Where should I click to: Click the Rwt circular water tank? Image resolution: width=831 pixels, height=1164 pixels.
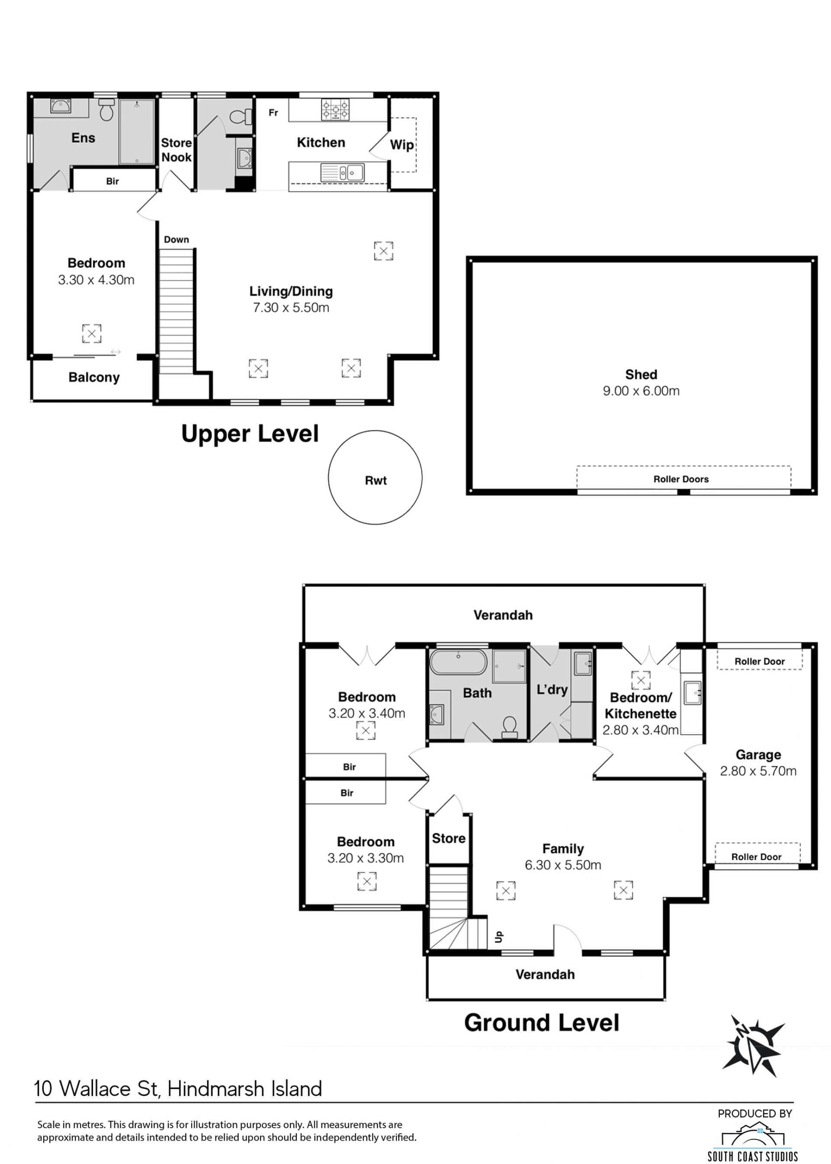point(375,477)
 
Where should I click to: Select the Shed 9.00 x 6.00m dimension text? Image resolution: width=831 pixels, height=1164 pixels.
point(641,391)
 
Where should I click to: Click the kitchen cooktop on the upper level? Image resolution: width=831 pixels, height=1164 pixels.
point(335,110)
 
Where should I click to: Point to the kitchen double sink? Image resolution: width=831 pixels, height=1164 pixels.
point(342,172)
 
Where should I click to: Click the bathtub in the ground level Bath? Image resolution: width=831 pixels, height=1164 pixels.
point(458,662)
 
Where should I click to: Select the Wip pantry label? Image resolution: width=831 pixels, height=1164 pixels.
point(402,145)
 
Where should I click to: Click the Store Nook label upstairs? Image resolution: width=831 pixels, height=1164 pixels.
point(177,150)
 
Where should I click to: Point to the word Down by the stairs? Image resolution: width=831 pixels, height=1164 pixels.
point(177,240)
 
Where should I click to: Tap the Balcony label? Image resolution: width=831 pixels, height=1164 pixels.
point(94,377)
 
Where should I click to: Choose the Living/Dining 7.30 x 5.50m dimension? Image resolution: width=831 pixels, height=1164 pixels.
point(291,307)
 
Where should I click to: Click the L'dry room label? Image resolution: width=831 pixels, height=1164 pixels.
point(552,689)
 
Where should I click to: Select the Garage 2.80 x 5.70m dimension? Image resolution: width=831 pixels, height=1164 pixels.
point(758,771)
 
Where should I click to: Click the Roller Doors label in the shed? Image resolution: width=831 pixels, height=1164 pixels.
point(681,479)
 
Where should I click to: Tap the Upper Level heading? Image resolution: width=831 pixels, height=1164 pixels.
point(250,433)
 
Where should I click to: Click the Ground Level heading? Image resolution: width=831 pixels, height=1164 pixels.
point(541,1023)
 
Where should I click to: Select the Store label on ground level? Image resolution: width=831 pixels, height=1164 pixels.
point(449,838)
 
